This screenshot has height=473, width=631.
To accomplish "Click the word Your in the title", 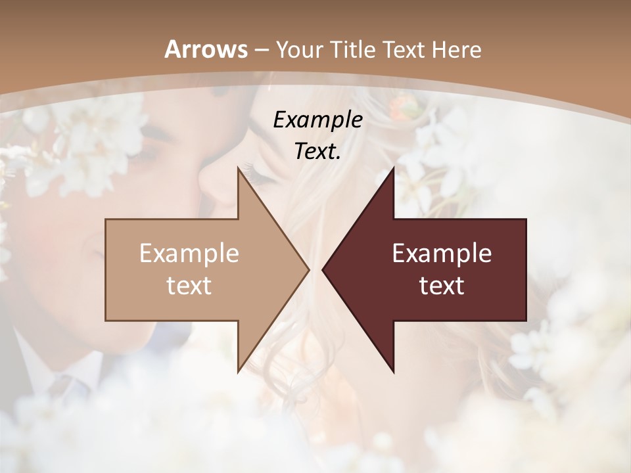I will [300, 50].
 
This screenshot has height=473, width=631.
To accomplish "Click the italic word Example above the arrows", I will [317, 120].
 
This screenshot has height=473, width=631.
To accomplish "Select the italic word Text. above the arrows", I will [317, 151].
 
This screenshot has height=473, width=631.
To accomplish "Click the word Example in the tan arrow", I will [189, 254].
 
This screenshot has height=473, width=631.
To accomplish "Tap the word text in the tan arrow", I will [189, 285].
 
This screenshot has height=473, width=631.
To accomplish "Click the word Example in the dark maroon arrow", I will [442, 254].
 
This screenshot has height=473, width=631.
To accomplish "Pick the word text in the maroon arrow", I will [442, 285].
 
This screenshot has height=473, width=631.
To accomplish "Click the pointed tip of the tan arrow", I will [308, 269].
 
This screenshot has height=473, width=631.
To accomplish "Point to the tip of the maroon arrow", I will [323, 269].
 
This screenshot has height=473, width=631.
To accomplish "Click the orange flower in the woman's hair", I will [399, 105].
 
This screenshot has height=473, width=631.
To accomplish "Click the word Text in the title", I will [400, 50].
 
